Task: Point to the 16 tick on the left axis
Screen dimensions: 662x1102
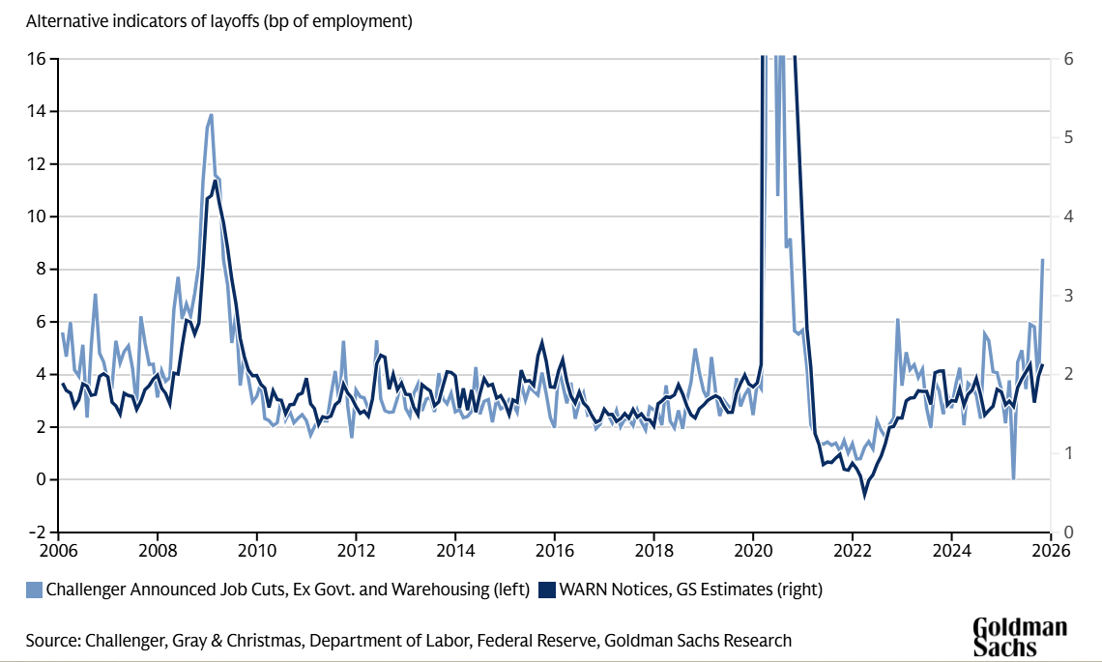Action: click(x=37, y=59)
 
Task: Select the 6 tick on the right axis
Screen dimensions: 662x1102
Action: click(x=1068, y=59)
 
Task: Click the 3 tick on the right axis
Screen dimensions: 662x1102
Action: click(x=1068, y=296)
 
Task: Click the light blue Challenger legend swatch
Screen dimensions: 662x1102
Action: click(x=34, y=588)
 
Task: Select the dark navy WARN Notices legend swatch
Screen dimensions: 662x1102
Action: click(x=548, y=588)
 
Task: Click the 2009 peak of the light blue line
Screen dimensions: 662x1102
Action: click(x=210, y=115)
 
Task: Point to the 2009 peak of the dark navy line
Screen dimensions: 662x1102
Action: click(x=215, y=181)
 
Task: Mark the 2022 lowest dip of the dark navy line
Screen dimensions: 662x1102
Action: click(x=865, y=496)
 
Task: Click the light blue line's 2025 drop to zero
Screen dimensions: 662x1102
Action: click(x=1013, y=477)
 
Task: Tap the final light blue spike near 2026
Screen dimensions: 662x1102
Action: click(x=1042, y=260)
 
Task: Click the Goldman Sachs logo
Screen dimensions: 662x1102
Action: click(x=1019, y=637)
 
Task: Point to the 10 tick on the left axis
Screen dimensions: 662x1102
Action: click(x=37, y=216)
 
